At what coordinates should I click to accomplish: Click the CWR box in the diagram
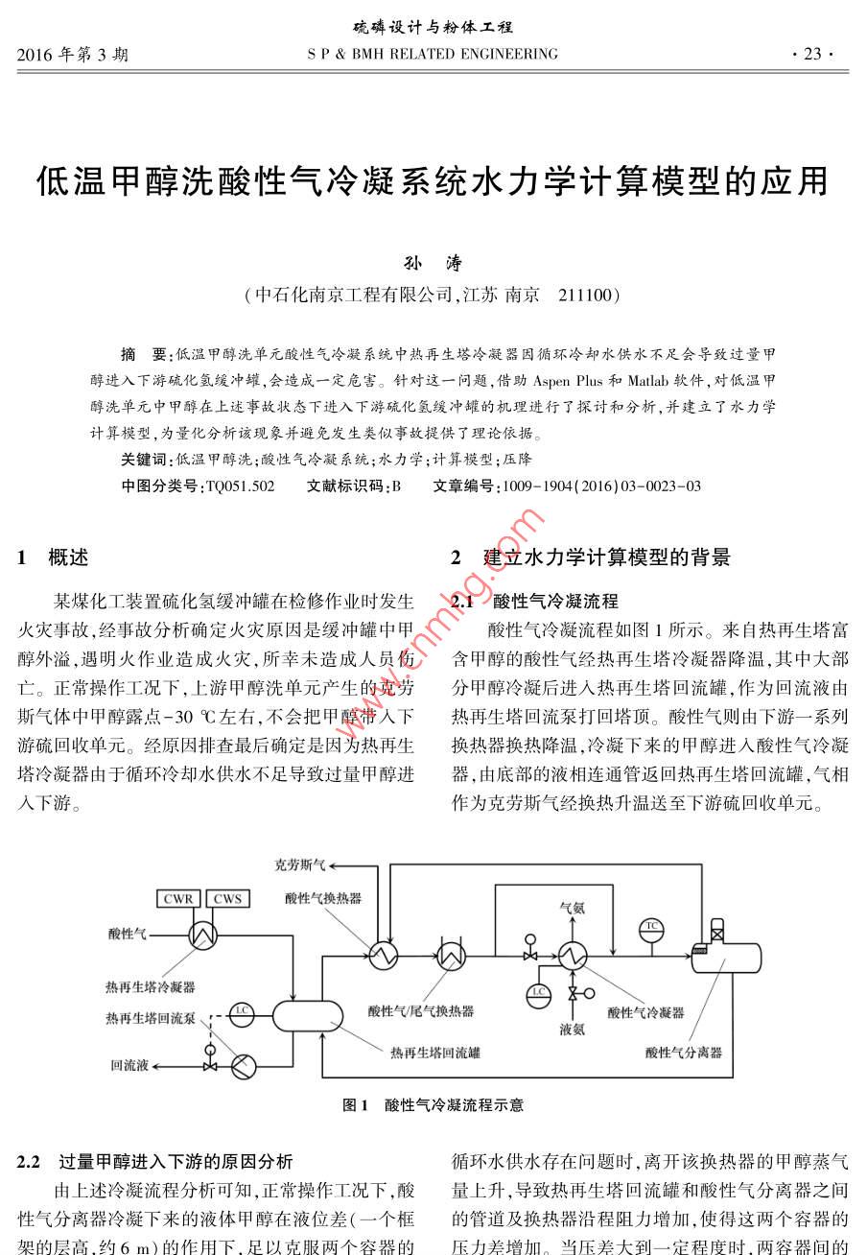click(x=178, y=899)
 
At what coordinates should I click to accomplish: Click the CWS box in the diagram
click(x=227, y=899)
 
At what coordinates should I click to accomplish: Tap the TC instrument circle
click(x=652, y=926)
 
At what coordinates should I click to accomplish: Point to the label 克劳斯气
click(x=300, y=864)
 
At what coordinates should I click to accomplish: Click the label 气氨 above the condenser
click(x=573, y=906)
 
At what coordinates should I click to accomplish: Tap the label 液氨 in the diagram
click(x=573, y=1029)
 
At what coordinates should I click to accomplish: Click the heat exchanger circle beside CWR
click(x=203, y=934)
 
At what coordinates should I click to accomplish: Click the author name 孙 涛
click(x=433, y=264)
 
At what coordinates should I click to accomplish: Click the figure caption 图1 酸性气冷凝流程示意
click(x=433, y=1104)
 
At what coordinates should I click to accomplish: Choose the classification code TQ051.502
click(x=240, y=486)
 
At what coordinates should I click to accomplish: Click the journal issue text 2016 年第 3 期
click(x=73, y=55)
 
